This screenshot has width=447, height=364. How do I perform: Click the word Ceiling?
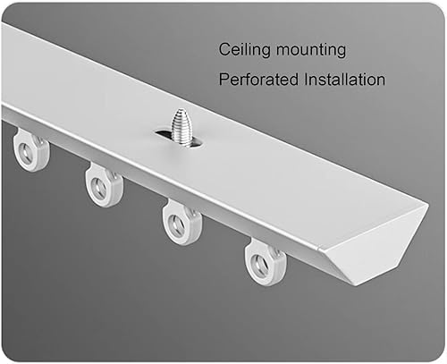244,49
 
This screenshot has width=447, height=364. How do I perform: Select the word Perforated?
258,80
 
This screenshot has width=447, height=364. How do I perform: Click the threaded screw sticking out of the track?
181,127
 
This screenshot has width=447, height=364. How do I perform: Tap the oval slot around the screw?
180,139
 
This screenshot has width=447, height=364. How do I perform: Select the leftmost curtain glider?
30,150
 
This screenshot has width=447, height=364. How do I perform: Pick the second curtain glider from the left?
104,185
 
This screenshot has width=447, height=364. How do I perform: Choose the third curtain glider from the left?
181,222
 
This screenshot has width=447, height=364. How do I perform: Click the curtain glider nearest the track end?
266,262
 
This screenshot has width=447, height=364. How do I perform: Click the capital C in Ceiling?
224,49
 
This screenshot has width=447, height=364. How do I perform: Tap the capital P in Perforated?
224,79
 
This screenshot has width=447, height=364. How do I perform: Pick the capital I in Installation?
307,79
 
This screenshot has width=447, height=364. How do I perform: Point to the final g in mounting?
341,52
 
